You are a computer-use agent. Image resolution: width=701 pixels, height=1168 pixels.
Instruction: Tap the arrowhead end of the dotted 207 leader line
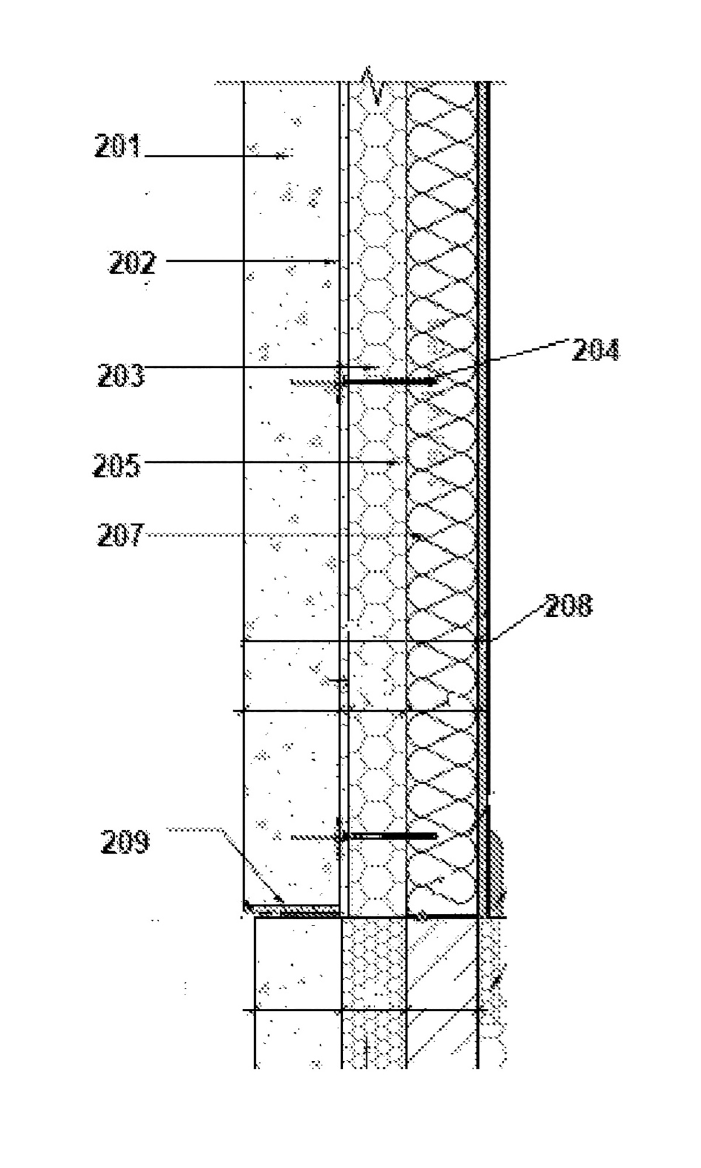[418, 535]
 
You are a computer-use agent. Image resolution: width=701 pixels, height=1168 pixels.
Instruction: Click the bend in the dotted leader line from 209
[221, 829]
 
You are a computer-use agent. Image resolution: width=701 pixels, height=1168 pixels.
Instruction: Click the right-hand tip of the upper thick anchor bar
[436, 382]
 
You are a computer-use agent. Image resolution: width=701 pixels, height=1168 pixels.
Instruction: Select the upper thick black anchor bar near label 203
[389, 382]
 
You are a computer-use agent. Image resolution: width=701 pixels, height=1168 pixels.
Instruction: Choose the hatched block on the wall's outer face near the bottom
[495, 874]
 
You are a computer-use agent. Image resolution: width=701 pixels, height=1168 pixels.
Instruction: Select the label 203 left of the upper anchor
[121, 375]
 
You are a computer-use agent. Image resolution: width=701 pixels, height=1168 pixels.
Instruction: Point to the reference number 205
[117, 466]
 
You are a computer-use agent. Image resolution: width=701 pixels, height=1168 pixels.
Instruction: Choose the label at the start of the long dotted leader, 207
[120, 535]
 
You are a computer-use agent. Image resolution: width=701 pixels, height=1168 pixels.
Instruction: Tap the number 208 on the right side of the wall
[568, 605]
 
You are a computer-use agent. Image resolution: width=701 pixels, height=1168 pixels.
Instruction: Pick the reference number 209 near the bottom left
[125, 841]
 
